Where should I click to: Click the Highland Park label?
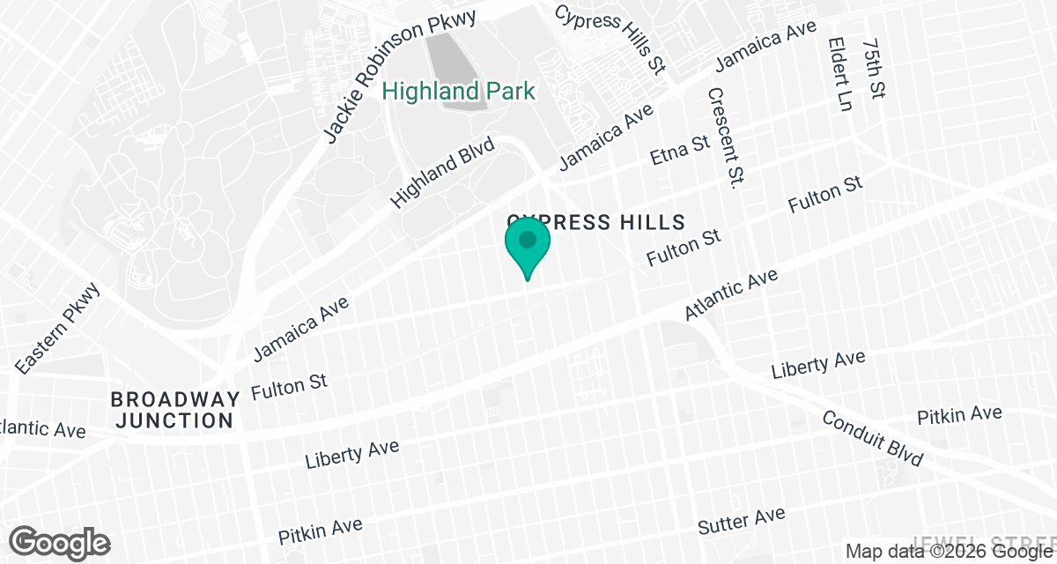click(458, 90)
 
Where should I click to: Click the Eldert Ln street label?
click(841, 74)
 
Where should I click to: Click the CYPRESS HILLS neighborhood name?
click(595, 219)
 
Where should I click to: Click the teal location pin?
click(528, 247)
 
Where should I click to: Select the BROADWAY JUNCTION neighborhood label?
click(175, 410)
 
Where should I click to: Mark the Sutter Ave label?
click(741, 521)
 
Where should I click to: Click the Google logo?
click(61, 542)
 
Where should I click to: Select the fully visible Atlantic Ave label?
click(732, 295)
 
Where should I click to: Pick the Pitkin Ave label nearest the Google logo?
click(321, 531)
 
